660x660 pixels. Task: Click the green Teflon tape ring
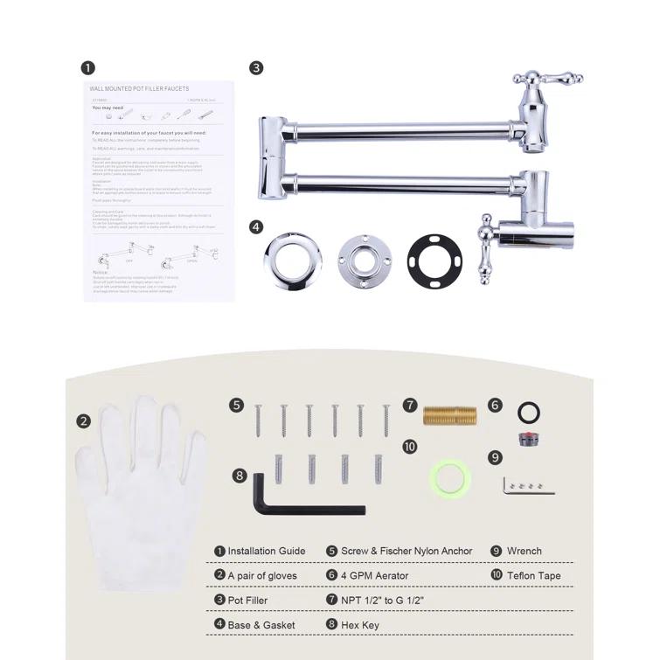click(451, 478)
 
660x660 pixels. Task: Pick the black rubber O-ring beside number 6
click(528, 411)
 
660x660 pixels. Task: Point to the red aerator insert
click(527, 436)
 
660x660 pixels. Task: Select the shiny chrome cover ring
click(290, 258)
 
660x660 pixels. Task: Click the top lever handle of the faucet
click(545, 81)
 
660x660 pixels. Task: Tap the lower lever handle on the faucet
click(483, 254)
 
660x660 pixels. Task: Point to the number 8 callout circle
click(239, 475)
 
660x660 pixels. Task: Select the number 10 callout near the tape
click(410, 447)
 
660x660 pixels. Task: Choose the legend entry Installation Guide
click(266, 552)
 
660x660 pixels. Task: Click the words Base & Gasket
click(261, 625)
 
